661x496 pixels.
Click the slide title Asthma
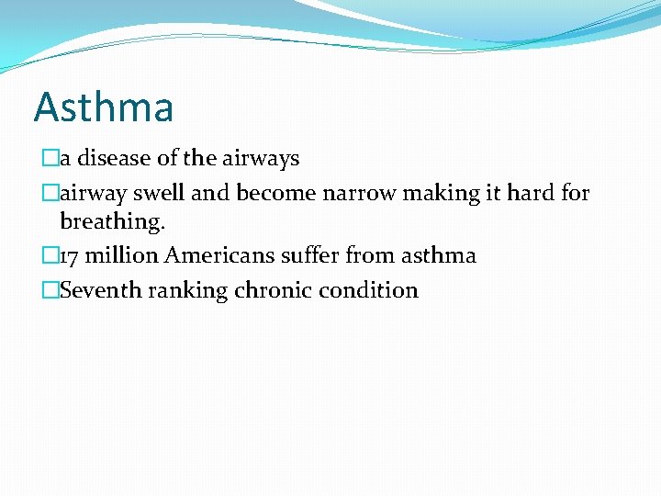point(104,107)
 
